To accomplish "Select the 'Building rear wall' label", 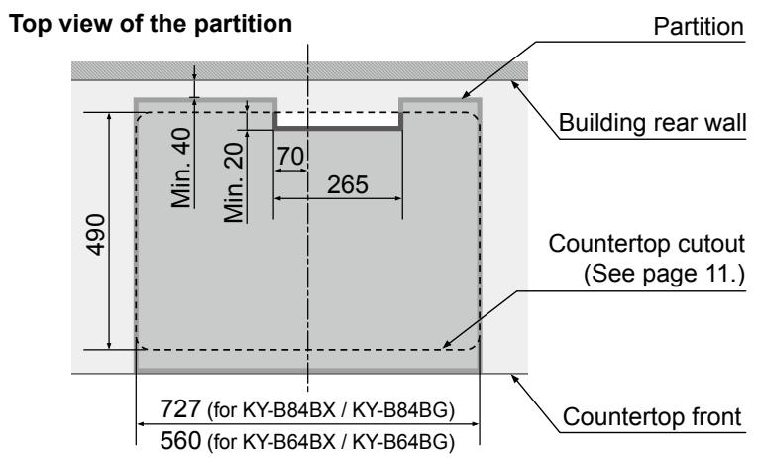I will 651,126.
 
